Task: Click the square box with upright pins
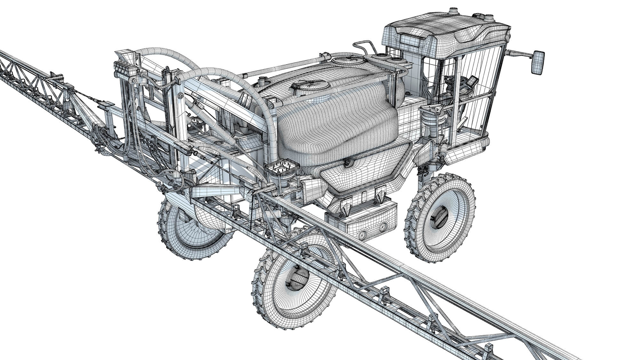tap(283, 170)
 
